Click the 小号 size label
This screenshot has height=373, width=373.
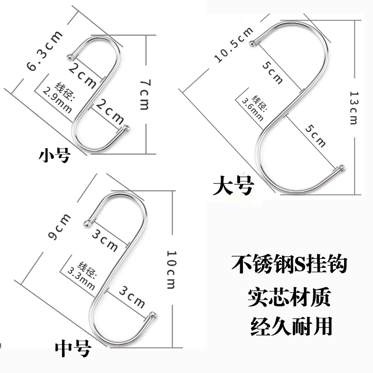tap(53, 154)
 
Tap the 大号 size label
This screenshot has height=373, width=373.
tap(233, 185)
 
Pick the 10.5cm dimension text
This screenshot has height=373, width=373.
tap(233, 45)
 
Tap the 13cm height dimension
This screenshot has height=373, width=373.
tap(353, 107)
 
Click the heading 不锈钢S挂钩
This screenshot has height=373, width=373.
tap(289, 264)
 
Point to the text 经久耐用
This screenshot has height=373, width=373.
tap(289, 326)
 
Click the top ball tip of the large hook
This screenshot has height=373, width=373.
tap(254, 43)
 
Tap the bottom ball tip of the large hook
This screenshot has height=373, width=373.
tap(343, 167)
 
